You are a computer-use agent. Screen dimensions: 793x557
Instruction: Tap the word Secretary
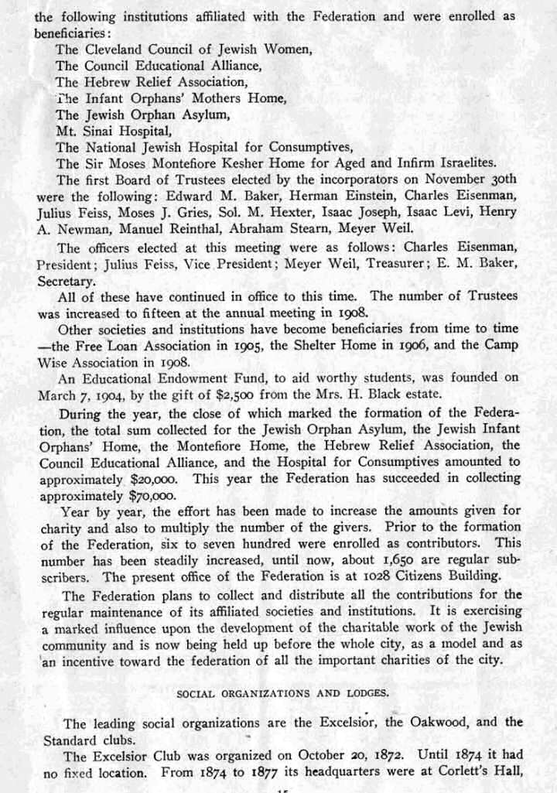coord(66,282)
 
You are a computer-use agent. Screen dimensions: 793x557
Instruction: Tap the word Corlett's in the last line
coord(467,772)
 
